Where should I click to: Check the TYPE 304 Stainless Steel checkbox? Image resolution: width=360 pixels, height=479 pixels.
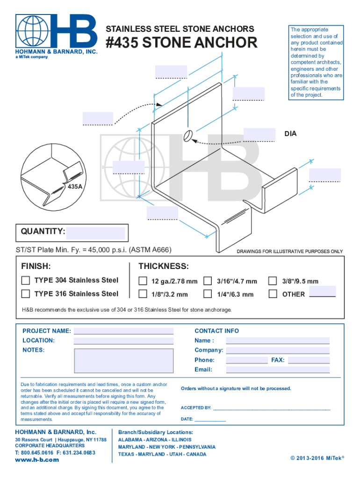point(26,281)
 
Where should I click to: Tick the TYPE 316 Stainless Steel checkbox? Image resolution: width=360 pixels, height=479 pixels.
point(26,294)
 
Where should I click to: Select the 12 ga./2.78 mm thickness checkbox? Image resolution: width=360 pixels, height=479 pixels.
point(143,281)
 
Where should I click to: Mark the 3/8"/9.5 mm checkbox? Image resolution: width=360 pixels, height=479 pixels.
point(273,281)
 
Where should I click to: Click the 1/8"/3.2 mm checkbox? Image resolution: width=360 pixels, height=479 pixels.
point(143,294)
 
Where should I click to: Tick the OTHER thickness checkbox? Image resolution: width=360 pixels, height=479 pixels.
point(273,294)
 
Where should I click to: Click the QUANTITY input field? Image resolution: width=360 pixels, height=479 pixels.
point(95,232)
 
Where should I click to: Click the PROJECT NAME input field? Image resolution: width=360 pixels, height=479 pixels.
point(123,331)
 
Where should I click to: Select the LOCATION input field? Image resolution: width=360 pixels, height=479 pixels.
point(123,341)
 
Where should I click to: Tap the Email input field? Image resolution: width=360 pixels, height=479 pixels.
point(278,370)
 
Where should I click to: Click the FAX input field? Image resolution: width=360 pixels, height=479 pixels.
point(309,360)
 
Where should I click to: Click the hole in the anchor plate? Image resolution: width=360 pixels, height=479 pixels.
point(188,136)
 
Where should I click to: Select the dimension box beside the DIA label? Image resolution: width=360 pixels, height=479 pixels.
point(259,134)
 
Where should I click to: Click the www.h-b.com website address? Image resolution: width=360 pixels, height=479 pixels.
point(37,460)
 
